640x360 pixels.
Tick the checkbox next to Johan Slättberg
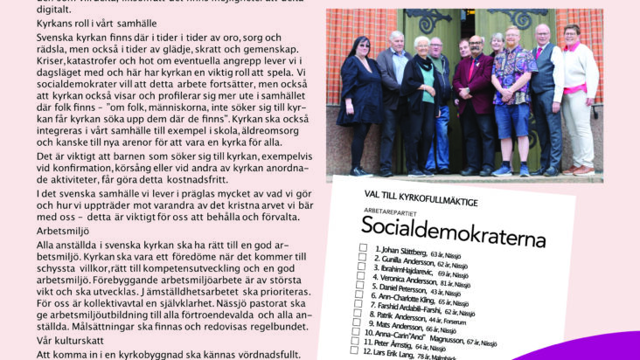coord(364,248)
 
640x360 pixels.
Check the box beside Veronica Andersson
coord(363,283)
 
